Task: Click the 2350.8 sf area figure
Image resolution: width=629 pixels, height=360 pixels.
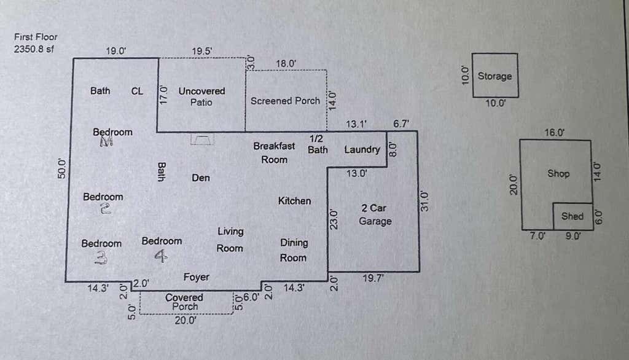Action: click(34, 49)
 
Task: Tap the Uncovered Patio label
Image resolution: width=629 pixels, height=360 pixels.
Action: click(201, 96)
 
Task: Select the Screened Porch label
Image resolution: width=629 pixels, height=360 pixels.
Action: click(285, 101)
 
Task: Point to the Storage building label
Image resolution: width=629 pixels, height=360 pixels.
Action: click(494, 76)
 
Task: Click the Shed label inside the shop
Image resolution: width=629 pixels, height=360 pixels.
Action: click(572, 216)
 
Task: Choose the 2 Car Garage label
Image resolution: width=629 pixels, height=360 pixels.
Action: click(375, 215)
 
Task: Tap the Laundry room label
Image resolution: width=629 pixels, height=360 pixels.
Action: click(362, 150)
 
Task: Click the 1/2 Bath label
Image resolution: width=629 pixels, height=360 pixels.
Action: click(318, 144)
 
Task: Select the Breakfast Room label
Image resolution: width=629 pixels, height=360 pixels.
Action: click(274, 152)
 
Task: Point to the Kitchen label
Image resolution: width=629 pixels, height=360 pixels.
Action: click(294, 201)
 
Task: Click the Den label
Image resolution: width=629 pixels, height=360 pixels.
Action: click(201, 178)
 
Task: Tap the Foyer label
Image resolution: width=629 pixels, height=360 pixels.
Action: click(196, 277)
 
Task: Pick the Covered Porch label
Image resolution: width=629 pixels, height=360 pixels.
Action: click(184, 302)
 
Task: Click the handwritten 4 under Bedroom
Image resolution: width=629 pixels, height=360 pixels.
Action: click(161, 256)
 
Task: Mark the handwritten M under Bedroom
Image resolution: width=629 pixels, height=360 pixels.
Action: click(106, 141)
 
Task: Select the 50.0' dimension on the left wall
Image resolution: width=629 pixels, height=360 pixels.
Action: click(61, 168)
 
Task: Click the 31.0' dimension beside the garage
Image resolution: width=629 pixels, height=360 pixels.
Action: click(424, 201)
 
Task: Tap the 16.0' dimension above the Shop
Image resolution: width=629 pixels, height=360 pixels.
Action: click(555, 133)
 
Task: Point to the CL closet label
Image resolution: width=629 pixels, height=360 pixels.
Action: click(137, 91)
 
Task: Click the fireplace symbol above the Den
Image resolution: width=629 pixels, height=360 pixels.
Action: click(201, 139)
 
